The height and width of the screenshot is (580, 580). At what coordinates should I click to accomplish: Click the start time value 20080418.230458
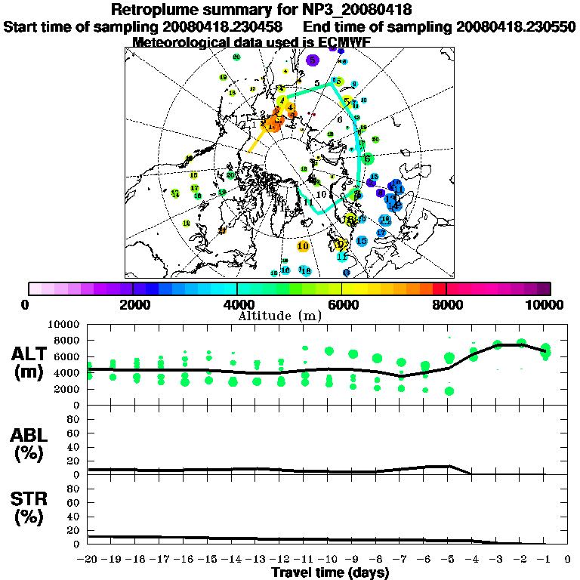[224, 26]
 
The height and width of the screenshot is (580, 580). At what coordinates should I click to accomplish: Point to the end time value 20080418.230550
[516, 26]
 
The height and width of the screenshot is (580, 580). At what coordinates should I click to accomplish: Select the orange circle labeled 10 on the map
[304, 245]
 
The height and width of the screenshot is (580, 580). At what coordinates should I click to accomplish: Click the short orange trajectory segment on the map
[257, 141]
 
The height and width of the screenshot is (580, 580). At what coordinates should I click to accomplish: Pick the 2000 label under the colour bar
[133, 304]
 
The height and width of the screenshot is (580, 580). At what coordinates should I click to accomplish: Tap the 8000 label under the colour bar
[446, 304]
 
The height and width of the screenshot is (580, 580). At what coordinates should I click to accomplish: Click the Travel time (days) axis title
[330, 572]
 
